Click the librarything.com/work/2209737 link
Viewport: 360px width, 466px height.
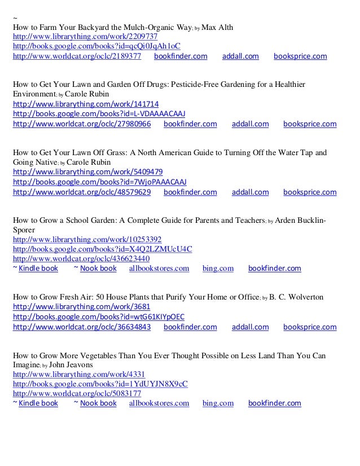(81, 37)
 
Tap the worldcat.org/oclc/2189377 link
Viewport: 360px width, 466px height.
(77, 56)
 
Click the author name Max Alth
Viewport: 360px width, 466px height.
(217, 27)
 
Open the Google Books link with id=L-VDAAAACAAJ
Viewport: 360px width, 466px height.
(99, 114)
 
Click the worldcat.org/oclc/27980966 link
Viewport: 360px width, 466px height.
(81, 124)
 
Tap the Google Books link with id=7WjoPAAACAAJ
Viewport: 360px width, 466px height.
(99, 182)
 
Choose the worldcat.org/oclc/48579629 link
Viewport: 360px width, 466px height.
(81, 192)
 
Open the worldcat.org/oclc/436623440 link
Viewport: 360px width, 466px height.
(81, 259)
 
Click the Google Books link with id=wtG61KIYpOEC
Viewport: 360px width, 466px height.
(98, 316)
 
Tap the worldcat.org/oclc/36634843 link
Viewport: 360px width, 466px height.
(81, 327)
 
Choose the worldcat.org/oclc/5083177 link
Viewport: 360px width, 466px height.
(77, 393)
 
